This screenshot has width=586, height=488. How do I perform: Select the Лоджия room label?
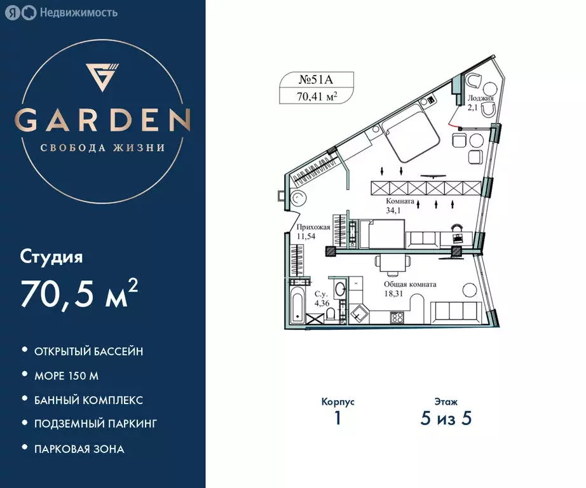(x=480, y=98)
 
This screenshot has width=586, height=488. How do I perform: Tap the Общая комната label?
(x=409, y=285)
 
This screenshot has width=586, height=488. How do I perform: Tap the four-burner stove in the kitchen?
(x=398, y=318)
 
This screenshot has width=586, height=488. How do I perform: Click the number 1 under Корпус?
(x=337, y=419)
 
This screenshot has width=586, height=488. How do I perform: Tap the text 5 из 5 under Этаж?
(x=447, y=419)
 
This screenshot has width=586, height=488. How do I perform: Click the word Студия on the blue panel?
(x=51, y=257)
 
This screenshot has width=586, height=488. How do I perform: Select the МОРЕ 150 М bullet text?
(x=67, y=376)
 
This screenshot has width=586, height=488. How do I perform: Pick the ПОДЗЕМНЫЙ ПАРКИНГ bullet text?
(x=96, y=423)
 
